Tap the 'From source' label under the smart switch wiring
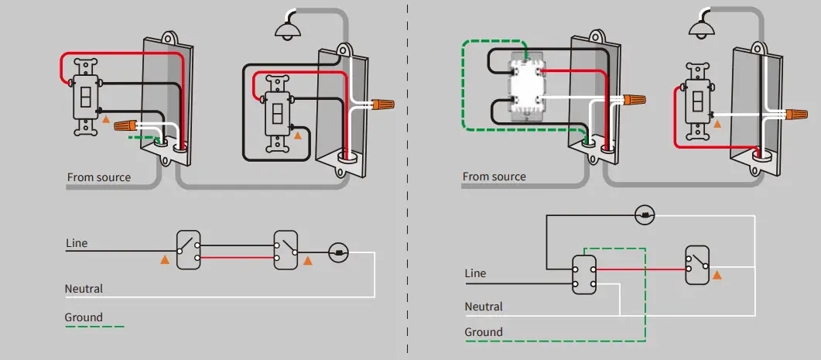coord(494,177)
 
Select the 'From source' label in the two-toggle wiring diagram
coord(98,177)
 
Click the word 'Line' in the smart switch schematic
coord(475,273)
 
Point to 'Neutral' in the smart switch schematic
coord(484,307)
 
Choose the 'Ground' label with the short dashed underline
coord(84,317)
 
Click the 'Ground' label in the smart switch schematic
coord(483,332)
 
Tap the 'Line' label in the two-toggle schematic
coord(77,243)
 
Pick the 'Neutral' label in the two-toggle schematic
coord(84,289)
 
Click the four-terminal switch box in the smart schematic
coord(584,274)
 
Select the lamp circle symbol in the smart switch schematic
coord(645,214)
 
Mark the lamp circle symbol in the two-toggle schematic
coord(338,252)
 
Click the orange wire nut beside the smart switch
coord(633,101)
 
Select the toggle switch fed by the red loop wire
coord(84,97)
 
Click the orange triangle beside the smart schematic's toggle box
coord(716,275)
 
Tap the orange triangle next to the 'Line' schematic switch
coord(164,260)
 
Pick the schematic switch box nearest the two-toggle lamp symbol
coord(286,249)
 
